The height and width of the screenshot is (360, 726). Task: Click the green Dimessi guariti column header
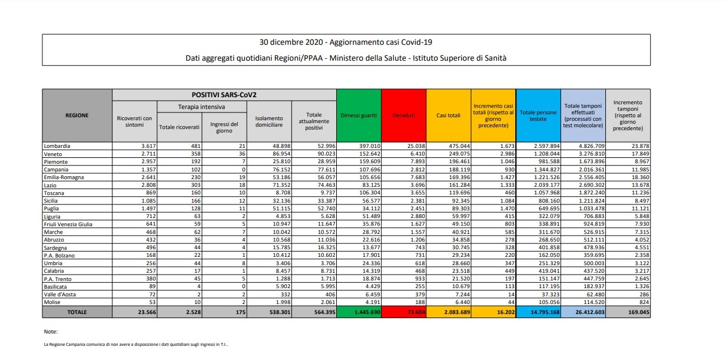pyautogui.click(x=359, y=115)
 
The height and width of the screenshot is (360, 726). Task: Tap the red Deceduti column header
pyautogui.click(x=403, y=115)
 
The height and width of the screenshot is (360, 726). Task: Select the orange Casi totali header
pyautogui.click(x=449, y=115)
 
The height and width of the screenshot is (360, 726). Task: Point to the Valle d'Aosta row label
pyautogui.click(x=59, y=293)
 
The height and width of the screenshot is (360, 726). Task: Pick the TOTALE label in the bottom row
pyautogui.click(x=77, y=312)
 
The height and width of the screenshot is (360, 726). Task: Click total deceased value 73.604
pyautogui.click(x=413, y=312)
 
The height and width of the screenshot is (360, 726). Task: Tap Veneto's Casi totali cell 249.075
pyautogui.click(x=458, y=153)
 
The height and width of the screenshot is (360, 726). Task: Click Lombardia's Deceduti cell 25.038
pyautogui.click(x=413, y=146)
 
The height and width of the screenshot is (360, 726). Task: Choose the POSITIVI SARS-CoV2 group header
pyautogui.click(x=224, y=94)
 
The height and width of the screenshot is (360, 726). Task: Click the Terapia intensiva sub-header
pyautogui.click(x=202, y=107)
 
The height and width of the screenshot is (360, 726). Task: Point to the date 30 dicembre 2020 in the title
pyautogui.click(x=293, y=42)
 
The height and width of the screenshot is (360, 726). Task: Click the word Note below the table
pyautogui.click(x=51, y=332)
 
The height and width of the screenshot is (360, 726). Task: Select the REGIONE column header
pyautogui.click(x=77, y=115)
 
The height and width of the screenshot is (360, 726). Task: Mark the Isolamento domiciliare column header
pyautogui.click(x=269, y=121)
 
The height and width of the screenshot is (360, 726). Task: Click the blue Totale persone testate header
pyautogui.click(x=538, y=115)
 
